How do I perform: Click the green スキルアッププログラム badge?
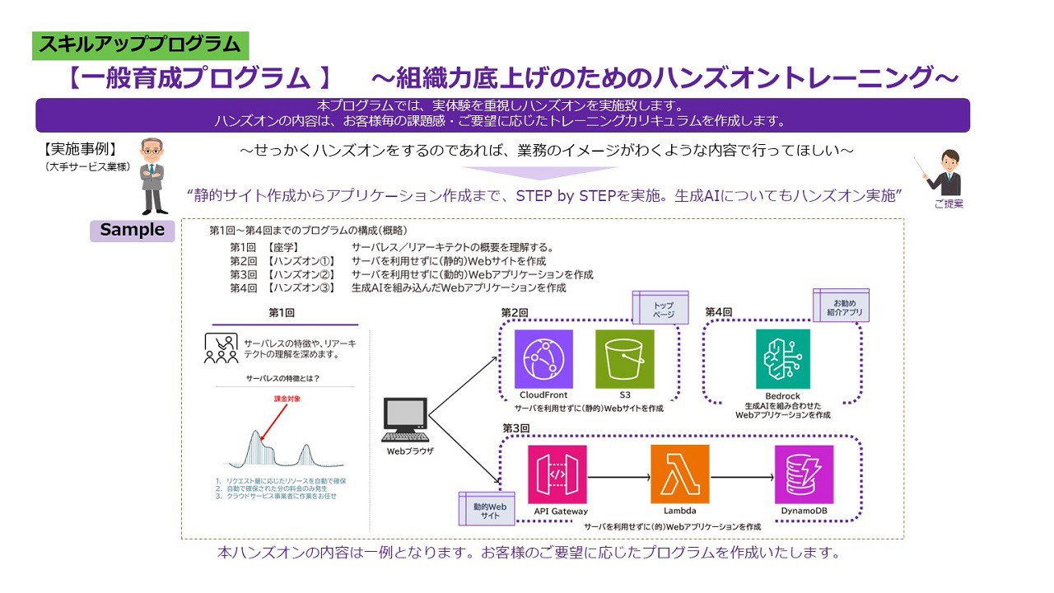click(x=140, y=44)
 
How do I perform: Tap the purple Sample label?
click(x=133, y=231)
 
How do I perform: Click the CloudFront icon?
click(x=543, y=359)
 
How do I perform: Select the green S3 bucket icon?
click(x=624, y=359)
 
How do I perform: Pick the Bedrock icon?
click(x=782, y=359)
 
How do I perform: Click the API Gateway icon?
click(x=557, y=474)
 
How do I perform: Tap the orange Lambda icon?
click(x=679, y=474)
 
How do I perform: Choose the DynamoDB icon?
click(x=804, y=474)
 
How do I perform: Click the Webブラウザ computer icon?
click(x=406, y=420)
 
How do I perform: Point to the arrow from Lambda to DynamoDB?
click(x=741, y=476)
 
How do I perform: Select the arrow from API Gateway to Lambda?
click(x=618, y=476)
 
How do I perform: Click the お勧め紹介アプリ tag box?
click(x=841, y=306)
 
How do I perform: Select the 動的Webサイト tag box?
click(x=486, y=509)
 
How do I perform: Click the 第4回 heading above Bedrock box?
click(x=719, y=312)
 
